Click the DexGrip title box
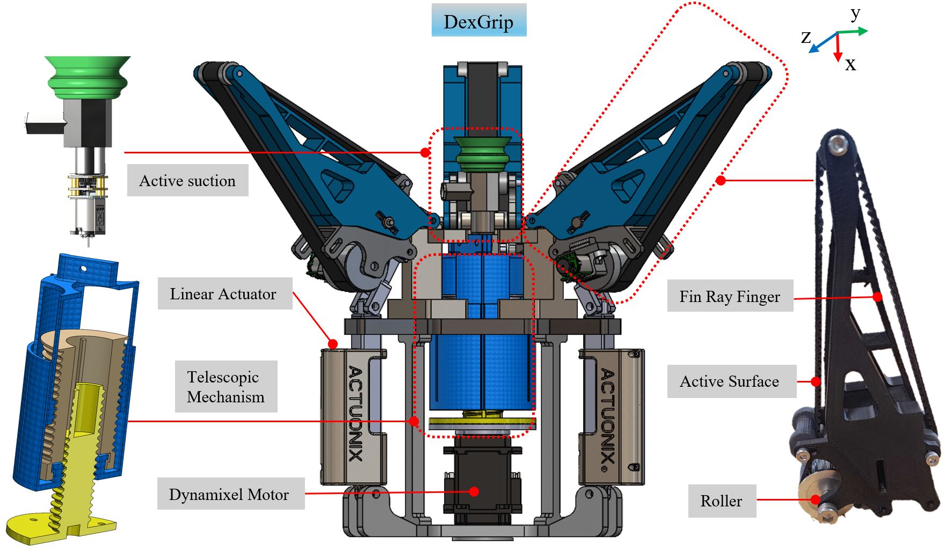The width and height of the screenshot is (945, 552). (x=478, y=21)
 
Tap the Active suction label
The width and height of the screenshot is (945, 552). (x=187, y=181)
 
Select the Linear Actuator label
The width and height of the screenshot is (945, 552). (x=223, y=294)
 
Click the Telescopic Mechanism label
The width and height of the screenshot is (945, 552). (x=226, y=387)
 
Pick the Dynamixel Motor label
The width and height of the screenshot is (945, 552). (x=229, y=494)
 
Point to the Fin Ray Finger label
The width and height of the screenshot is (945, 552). (x=730, y=296)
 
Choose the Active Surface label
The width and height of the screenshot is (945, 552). (x=730, y=381)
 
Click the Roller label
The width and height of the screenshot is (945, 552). (x=722, y=501)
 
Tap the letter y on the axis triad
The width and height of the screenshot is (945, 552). (x=855, y=14)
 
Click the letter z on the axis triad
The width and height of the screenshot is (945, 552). (x=805, y=38)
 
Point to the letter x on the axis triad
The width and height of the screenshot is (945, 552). (x=850, y=65)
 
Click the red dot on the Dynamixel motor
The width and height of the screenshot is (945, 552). (x=474, y=491)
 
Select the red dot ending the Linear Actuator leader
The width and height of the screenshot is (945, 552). (x=333, y=344)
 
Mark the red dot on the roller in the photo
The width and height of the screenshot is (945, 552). (x=816, y=499)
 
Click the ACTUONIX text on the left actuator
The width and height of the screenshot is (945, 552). (x=355, y=414)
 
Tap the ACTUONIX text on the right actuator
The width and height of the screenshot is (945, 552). (x=607, y=416)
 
